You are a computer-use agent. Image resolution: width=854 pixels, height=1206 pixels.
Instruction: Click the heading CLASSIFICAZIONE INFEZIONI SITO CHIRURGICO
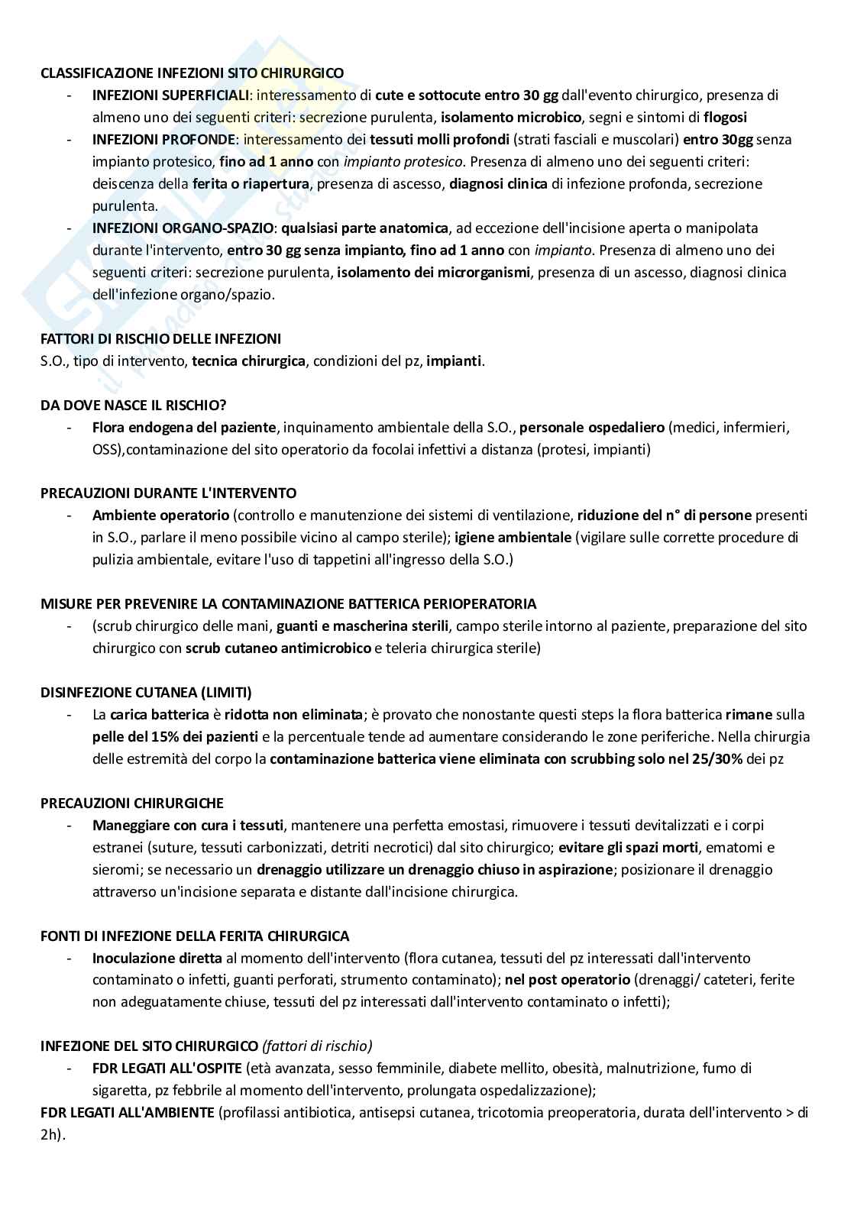pyautogui.click(x=192, y=73)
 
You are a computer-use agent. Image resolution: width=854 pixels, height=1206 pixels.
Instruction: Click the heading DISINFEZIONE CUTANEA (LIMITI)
pyautogui.click(x=146, y=693)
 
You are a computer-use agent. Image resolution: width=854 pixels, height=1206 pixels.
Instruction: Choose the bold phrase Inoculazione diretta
pyautogui.click(x=157, y=959)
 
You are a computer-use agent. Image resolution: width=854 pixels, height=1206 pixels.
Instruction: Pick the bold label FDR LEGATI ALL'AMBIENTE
pyautogui.click(x=127, y=1113)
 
